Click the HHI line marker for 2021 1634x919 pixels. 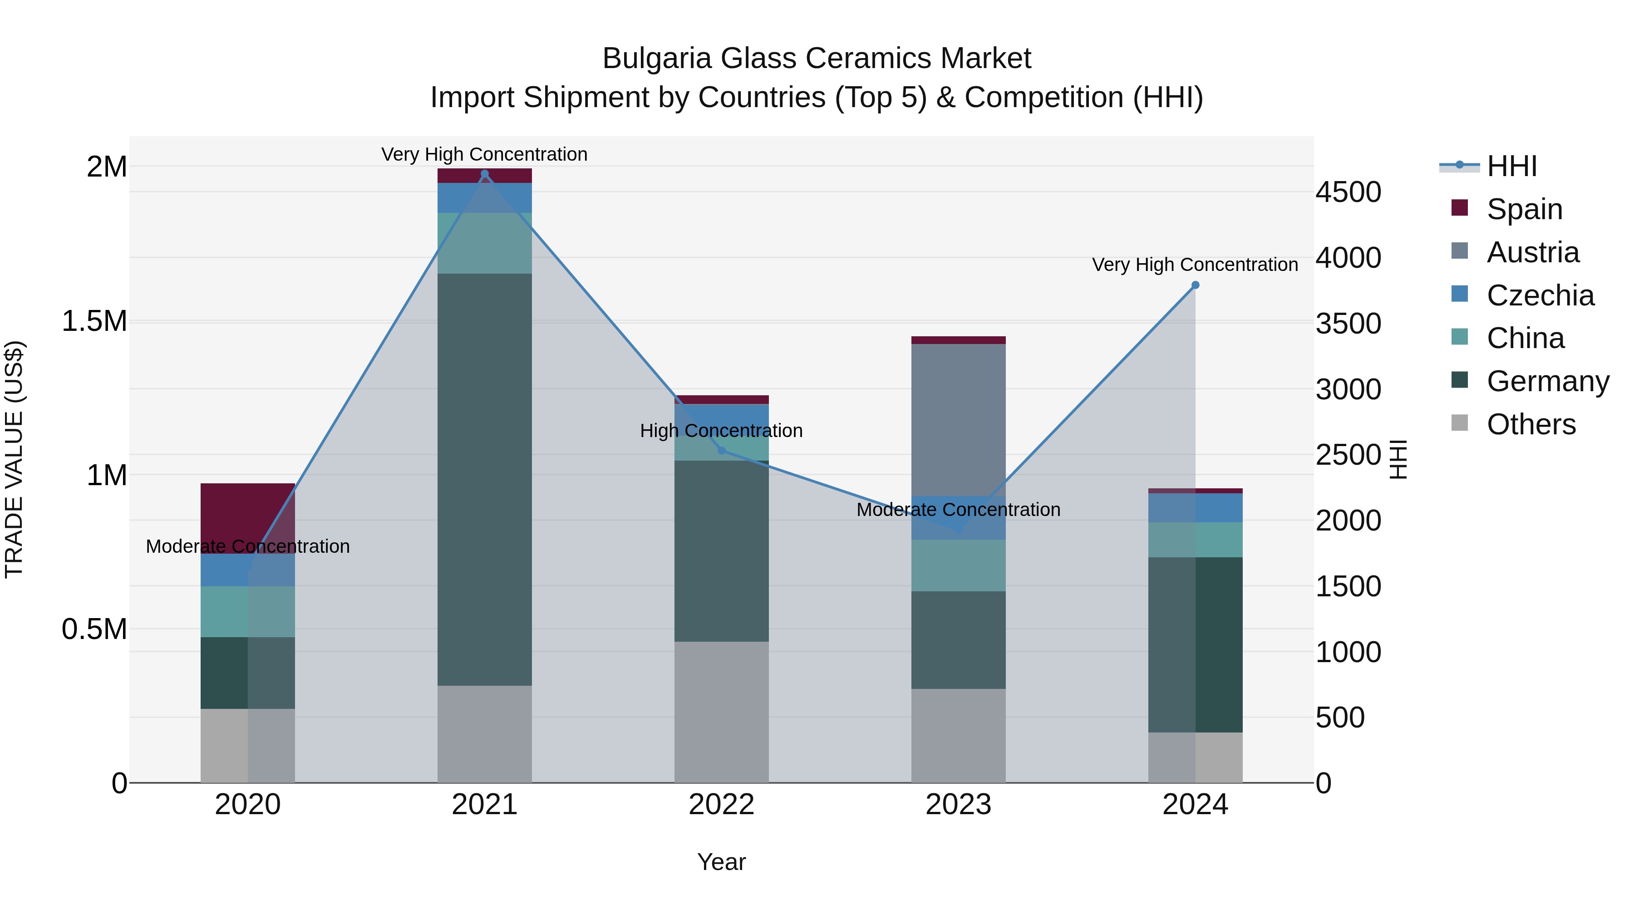485,174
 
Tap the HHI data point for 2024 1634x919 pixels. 1195,285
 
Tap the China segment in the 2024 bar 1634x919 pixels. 1195,540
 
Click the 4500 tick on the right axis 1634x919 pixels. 1348,192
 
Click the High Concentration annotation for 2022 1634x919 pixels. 721,431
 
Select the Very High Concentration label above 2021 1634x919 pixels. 485,154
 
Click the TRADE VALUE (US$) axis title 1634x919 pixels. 14,460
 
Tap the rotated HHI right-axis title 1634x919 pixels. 1398,460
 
